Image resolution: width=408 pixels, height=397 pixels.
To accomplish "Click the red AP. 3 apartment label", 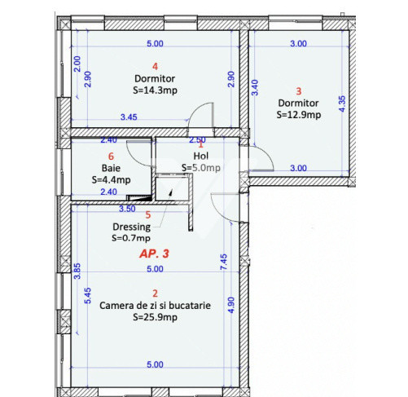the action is coord(154,254).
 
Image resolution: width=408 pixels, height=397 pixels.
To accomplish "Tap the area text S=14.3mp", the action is coord(155,90).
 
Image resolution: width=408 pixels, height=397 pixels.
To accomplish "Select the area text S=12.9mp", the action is coord(299,115).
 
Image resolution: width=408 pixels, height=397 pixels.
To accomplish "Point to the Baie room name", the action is coord(111,168).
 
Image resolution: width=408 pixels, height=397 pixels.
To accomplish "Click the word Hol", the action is coord(201,156).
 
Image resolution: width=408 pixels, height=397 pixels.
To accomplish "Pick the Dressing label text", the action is coord(131,227).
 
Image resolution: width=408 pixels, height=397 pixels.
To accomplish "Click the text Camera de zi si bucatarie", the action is coord(155,306).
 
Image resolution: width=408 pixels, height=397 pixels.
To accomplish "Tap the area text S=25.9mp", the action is coord(155,317).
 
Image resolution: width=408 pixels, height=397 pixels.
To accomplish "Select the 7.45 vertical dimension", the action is coord(224,262).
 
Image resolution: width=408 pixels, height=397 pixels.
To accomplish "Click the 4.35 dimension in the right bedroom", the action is coord(342,104).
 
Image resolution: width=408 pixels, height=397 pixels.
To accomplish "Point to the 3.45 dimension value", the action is coord(129,117).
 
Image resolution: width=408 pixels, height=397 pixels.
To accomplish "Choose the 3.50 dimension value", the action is coord(127,209).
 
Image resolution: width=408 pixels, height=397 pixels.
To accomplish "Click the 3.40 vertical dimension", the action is coord(255,87).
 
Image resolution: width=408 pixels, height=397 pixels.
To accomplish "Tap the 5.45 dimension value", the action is coord(88,296).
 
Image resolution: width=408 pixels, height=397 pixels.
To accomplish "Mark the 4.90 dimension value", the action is coord(230,305).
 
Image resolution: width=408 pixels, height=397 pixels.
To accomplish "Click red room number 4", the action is coord(155,66).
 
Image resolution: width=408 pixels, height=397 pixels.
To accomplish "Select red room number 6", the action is coord(111,157).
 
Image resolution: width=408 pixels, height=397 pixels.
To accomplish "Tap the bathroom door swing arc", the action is coord(133,160).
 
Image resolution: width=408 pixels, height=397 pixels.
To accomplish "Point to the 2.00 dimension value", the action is coord(77,64).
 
